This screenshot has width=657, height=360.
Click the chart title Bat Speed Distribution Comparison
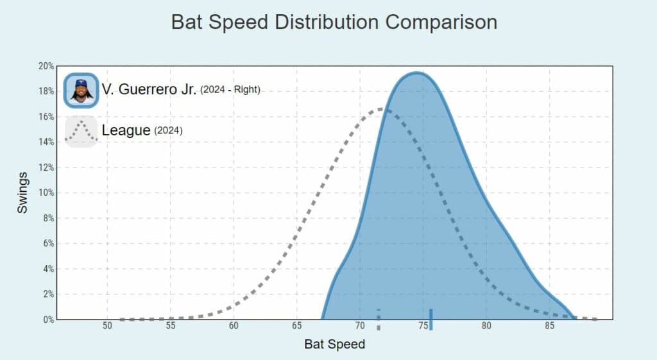click(x=334, y=22)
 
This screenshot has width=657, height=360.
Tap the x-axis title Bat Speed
click(x=334, y=345)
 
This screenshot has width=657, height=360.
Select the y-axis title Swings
click(x=23, y=193)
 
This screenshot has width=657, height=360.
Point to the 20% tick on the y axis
click(x=46, y=66)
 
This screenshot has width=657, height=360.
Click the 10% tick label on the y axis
click(x=46, y=193)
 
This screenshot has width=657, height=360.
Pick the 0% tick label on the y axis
click(x=48, y=319)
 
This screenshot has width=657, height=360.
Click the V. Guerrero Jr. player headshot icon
click(x=81, y=90)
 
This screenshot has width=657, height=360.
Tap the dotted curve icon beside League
click(x=81, y=131)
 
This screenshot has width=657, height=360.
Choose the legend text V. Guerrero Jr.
click(x=149, y=90)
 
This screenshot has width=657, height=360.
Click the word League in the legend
click(x=126, y=131)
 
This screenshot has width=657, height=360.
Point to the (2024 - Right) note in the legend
click(x=230, y=90)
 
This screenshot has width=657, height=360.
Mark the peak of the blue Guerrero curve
click(x=416, y=73)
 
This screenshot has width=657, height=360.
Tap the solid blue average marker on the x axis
click(x=431, y=319)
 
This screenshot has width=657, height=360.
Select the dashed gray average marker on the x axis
click(x=379, y=319)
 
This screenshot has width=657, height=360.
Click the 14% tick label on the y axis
click(x=46, y=142)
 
